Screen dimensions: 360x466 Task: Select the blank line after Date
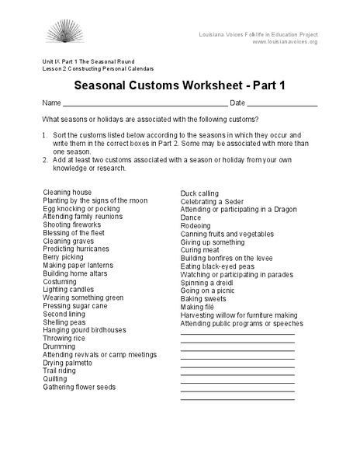point(284,103)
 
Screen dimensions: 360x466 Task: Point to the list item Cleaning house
point(67,192)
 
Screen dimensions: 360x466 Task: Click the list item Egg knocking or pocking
point(81,209)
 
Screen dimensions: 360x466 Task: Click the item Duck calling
point(199,193)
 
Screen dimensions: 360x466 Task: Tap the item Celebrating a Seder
point(211,201)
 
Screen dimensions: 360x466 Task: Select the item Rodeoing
point(196,225)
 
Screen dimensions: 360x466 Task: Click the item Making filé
point(198,307)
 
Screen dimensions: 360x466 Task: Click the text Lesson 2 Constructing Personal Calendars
point(98,68)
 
